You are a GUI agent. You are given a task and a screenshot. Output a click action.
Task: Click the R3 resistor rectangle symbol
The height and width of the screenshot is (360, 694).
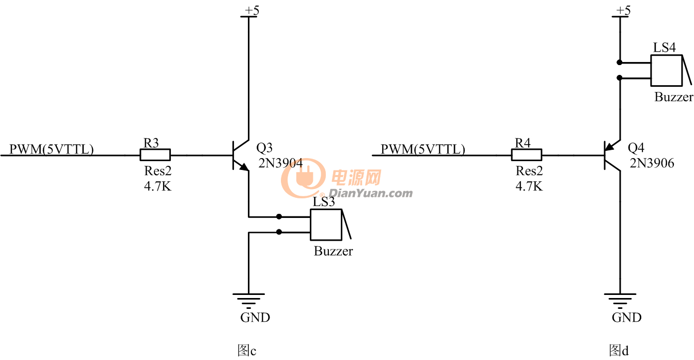click(x=155, y=155)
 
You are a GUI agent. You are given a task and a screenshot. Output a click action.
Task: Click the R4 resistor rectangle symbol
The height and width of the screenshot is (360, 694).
click(x=526, y=155)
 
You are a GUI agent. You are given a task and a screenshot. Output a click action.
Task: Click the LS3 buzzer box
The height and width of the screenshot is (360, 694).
click(x=326, y=225)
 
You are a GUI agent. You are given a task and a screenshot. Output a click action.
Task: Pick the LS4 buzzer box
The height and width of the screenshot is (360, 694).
click(x=667, y=70)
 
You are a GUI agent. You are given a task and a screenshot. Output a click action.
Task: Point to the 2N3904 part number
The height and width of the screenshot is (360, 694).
click(x=280, y=163)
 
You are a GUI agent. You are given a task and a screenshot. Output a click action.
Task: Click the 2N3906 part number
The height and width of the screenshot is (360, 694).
click(x=652, y=163)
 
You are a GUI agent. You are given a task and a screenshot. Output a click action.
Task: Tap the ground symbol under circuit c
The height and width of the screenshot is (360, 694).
click(x=248, y=301)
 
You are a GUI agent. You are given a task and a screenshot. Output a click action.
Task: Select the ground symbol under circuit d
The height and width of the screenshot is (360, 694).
click(x=620, y=301)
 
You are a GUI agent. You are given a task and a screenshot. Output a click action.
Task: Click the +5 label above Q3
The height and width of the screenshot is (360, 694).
click(x=252, y=10)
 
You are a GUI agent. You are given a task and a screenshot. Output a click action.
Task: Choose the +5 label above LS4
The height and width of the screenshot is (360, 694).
click(x=623, y=10)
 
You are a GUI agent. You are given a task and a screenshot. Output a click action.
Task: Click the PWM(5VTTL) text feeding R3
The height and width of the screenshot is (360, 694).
click(x=52, y=149)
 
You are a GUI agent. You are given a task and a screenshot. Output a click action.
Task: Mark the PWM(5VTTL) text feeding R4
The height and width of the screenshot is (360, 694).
click(x=423, y=149)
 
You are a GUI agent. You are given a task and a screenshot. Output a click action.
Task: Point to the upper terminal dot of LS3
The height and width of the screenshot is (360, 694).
click(x=279, y=216)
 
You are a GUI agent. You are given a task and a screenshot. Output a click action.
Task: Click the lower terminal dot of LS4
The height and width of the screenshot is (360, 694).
click(x=620, y=78)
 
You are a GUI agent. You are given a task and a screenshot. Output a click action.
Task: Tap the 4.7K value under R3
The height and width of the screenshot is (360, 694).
click(x=157, y=186)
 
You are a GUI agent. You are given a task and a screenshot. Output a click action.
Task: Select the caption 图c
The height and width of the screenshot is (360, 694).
click(x=247, y=350)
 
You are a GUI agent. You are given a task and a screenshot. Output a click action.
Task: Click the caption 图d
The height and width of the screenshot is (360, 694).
click(x=619, y=350)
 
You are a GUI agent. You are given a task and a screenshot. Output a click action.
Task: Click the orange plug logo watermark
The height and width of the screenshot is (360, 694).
click(x=303, y=178)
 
